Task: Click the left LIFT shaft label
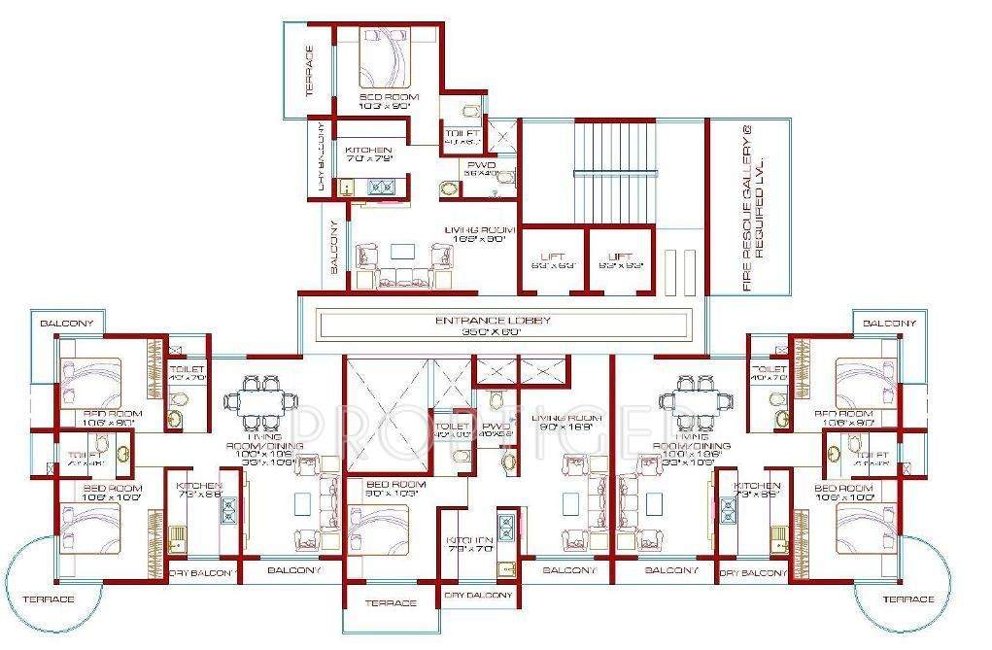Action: [x=554, y=258]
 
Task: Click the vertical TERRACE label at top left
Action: [x=310, y=71]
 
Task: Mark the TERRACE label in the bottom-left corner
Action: [x=49, y=599]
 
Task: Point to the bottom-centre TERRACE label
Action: [x=391, y=603]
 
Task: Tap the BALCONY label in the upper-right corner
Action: [x=889, y=323]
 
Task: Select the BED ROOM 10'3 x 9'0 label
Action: [x=389, y=102]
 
